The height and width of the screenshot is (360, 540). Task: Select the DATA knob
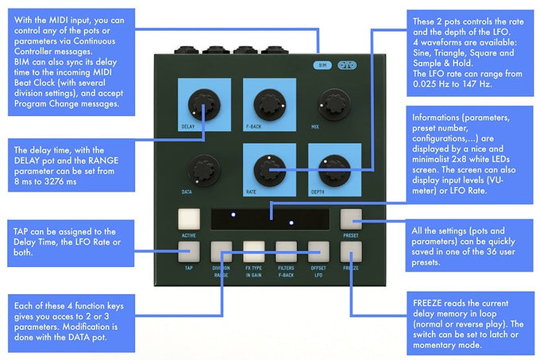(x=199, y=169)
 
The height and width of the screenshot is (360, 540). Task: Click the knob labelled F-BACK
(x=264, y=103)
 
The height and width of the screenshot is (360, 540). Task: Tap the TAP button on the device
(x=189, y=252)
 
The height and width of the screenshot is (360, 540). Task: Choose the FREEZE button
(x=350, y=252)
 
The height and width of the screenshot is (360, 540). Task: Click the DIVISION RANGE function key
(x=222, y=252)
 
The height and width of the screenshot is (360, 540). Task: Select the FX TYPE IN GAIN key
(x=254, y=252)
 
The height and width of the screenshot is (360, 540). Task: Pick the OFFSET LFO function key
(x=318, y=252)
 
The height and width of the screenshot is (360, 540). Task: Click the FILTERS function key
(x=286, y=252)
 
